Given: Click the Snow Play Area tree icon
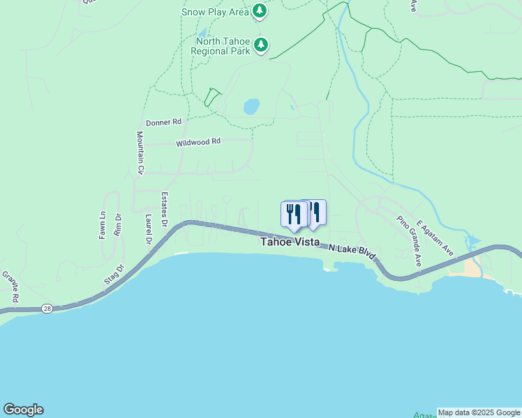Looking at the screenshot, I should tap(260, 11).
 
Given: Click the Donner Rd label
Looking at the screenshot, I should tap(163, 122).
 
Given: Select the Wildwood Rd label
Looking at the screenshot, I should tap(198, 141).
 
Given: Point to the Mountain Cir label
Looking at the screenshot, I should tap(140, 153).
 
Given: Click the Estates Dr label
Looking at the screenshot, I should tap(165, 210).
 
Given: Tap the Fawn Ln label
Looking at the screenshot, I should tap(103, 226).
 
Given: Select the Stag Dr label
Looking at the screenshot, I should tap(114, 274).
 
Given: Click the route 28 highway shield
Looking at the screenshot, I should tap(47, 309).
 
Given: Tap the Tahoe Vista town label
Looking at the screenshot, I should tap(290, 242).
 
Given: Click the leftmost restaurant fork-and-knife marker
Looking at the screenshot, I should tap(292, 214).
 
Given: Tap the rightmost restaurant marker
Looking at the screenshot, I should tap(315, 212).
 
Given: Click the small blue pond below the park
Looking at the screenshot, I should tap(251, 107).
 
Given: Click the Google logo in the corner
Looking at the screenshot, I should tap(23, 410).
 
